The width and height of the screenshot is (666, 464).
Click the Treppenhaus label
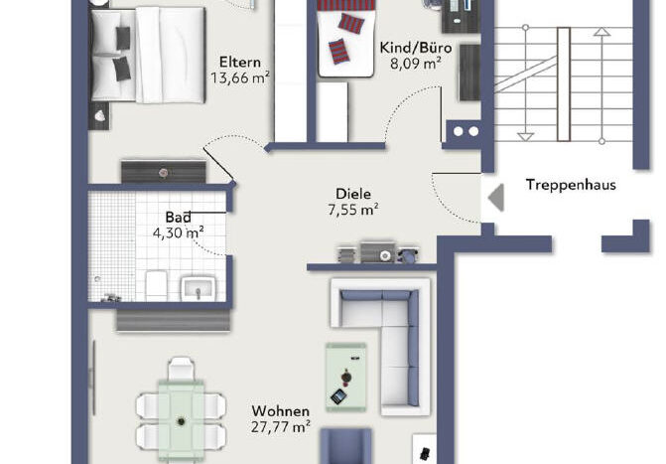pyautogui.click(x=571, y=185)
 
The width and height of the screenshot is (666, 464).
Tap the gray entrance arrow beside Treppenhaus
pyautogui.click(x=496, y=198)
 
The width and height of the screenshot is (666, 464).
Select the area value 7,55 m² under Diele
pyautogui.click(x=353, y=210)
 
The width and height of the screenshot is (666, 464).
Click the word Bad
pyautogui.click(x=178, y=218)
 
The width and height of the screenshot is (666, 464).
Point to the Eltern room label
pyautogui.click(x=240, y=63)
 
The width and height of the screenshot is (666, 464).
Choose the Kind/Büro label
pyautogui.click(x=416, y=48)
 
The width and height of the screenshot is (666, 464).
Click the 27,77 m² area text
pyautogui.click(x=280, y=426)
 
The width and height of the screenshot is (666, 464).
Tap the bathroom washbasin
pyautogui.click(x=198, y=289)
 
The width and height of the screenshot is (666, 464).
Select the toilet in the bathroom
pyautogui.click(x=156, y=285)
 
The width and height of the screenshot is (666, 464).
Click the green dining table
pyautogui.click(x=182, y=421)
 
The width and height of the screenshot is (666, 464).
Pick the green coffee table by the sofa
pyautogui.click(x=346, y=378)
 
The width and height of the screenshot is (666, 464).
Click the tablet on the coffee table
pyautogui.click(x=338, y=396)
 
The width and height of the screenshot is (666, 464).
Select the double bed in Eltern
pyautogui.click(x=148, y=55)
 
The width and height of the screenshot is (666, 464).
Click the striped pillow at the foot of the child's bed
pyautogui.click(x=338, y=52)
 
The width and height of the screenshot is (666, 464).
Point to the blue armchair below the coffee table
pyautogui.click(x=345, y=446)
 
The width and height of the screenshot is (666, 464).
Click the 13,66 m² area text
pyautogui.click(x=240, y=77)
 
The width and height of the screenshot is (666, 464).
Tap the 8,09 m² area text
pyautogui.click(x=416, y=64)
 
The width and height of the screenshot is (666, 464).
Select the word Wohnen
pyautogui.click(x=280, y=411)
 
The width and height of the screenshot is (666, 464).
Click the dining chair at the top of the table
pyautogui.click(x=182, y=369)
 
